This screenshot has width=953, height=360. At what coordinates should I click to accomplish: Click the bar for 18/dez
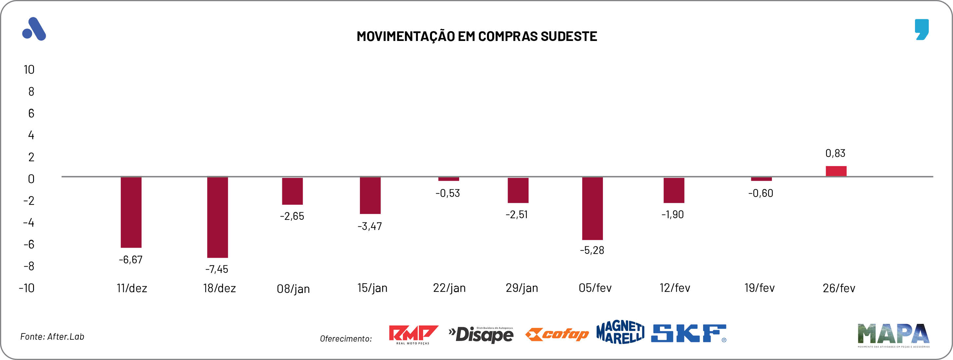pos(217,217)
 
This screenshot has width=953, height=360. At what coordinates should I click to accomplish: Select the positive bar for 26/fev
pos(836,171)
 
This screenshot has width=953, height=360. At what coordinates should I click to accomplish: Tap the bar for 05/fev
pos(592,208)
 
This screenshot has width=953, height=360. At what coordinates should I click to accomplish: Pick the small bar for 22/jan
pos(448,179)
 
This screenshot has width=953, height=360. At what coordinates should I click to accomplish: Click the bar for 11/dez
pos(131,212)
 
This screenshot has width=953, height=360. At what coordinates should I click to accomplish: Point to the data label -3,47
pos(370,226)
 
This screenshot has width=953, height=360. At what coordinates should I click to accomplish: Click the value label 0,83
pos(835,153)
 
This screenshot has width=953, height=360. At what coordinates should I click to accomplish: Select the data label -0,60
pos(761,193)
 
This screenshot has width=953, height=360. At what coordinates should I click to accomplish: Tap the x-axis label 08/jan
pos(293,289)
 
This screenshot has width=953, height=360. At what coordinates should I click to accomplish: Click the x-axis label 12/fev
pos(675,288)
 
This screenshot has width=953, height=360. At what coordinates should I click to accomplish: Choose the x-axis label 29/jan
pos(522,288)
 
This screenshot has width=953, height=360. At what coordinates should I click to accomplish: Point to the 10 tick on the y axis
pos(29,69)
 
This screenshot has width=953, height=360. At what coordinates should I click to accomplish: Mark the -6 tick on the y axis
pos(29,244)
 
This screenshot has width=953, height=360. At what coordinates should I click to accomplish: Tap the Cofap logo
pos(557,334)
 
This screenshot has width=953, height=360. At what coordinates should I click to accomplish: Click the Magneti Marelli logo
pos(620,332)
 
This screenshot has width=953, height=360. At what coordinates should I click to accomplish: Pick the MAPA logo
pos(893,334)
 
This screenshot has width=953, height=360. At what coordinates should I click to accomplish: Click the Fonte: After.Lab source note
pos(52,337)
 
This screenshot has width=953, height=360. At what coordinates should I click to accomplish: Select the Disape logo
pos(481,334)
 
